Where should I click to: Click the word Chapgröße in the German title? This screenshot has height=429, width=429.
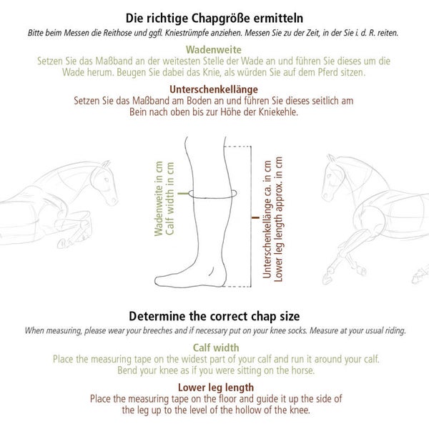220,19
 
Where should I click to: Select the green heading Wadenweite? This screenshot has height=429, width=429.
214,50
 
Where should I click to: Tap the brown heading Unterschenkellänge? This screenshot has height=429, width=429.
214,89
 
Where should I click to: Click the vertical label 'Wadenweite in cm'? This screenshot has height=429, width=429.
159,199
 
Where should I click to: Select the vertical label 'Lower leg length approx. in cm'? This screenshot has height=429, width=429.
279,220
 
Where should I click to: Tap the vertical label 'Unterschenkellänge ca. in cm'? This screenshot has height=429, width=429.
267,220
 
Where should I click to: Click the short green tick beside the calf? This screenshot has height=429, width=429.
183,194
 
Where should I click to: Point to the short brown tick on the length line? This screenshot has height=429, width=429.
255,218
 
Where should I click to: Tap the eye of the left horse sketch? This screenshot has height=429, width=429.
107,180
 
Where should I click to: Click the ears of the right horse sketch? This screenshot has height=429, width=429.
332,158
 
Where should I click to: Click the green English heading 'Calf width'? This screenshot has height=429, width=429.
216,347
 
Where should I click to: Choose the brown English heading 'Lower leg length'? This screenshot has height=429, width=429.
216,388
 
